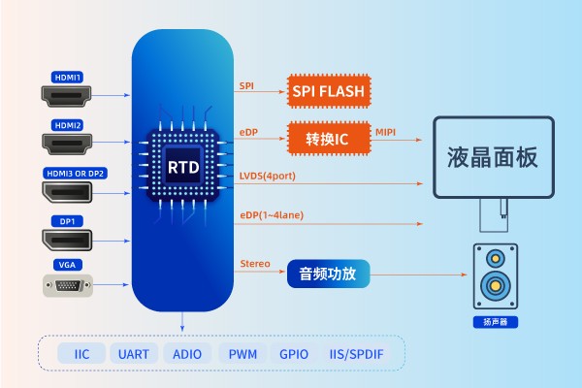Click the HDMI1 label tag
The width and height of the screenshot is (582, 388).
[x=67, y=77]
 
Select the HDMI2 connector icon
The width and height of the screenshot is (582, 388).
[x=67, y=144]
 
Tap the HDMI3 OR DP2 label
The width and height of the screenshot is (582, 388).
[x=67, y=173]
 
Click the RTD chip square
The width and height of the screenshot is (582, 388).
[x=182, y=166]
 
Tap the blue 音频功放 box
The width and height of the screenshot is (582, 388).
[x=329, y=275]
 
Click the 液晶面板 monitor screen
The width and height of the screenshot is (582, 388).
[x=492, y=156]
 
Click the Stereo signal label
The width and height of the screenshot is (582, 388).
[x=254, y=264]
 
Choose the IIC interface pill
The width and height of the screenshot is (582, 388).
[x=81, y=354]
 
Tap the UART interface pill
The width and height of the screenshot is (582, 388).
[x=133, y=354]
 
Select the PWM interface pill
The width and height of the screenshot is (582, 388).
[x=242, y=354]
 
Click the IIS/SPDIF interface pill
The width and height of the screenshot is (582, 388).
[x=356, y=354]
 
